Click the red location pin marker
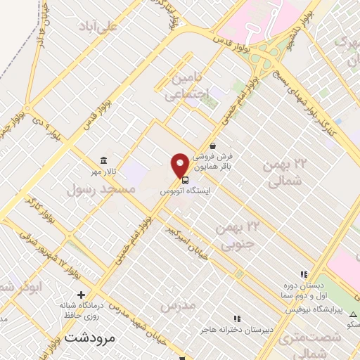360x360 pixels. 180,165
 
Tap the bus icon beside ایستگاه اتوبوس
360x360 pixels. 184,179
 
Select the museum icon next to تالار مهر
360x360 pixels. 104,160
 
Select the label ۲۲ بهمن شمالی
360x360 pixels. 285,172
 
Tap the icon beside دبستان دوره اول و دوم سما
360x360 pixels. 304,274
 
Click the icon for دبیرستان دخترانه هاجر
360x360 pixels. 236,319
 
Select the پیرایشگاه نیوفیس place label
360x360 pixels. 321,310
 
